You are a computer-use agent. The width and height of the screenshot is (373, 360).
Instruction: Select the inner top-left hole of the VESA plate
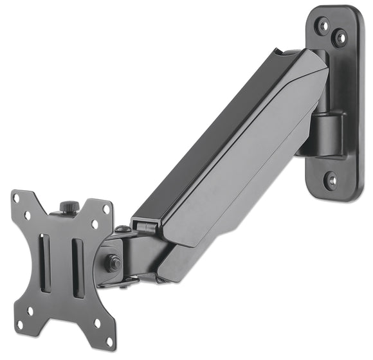tap(28, 216)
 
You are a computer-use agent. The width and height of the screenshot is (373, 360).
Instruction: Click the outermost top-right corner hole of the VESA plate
tap(106, 210)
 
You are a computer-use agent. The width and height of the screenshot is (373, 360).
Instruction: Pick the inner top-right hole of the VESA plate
tap(95, 224)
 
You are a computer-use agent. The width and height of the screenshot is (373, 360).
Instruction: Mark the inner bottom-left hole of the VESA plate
tap(30, 310)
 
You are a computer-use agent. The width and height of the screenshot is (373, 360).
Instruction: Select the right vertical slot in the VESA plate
tap(78, 267)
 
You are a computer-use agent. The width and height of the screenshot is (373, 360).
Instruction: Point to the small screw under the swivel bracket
tap(122, 287)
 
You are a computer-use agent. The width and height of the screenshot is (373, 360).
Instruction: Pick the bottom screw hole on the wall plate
tap(332, 181)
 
